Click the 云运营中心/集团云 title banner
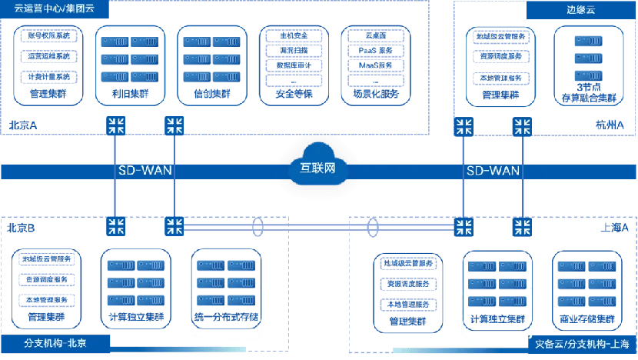tap(54, 11)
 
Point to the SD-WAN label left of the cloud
tap(144, 171)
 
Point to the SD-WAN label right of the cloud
tap(493, 171)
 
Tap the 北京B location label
tap(22, 228)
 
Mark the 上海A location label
tap(614, 228)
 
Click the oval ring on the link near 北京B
tap(258, 228)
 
